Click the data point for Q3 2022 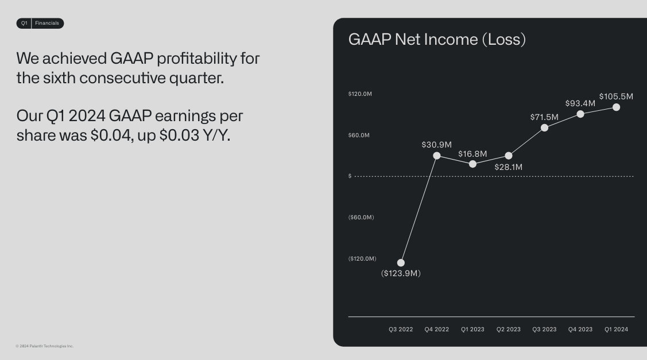(x=401, y=263)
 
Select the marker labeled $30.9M (x=437, y=156)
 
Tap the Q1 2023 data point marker (x=472, y=164)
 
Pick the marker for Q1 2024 (x=616, y=107)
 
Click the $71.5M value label (x=544, y=117)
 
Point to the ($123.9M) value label (x=401, y=273)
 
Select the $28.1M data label (x=509, y=167)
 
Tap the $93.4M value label (x=580, y=103)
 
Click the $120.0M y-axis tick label (x=360, y=94)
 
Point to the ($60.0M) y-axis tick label (x=361, y=217)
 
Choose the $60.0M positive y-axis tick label (x=359, y=135)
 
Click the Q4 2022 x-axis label (x=436, y=330)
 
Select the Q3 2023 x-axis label (x=544, y=330)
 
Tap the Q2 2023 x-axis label (x=509, y=330)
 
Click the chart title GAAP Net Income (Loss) (x=437, y=39)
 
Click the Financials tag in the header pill (x=47, y=23)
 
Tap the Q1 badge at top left (x=24, y=23)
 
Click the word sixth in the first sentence (x=59, y=78)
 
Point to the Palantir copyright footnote (x=45, y=346)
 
